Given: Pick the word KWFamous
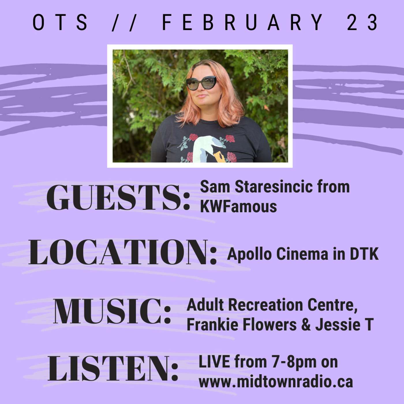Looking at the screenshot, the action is [238, 207].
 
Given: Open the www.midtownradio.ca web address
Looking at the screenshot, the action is [276, 382].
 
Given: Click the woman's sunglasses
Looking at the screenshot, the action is [201, 83].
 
